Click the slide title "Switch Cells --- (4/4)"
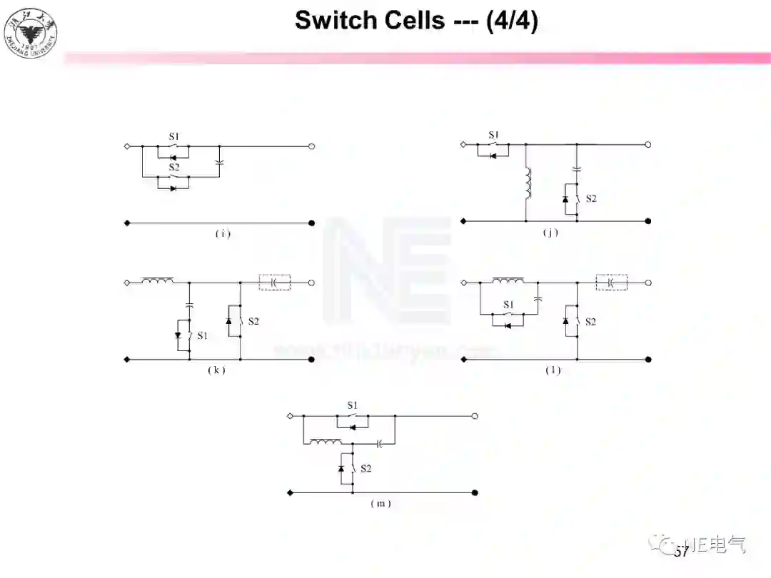[x=416, y=20]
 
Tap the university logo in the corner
[x=31, y=31]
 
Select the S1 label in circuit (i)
[x=173, y=136]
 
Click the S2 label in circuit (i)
[x=173, y=168]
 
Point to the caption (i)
[x=223, y=233]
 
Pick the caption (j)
[x=550, y=232]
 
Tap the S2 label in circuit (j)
[x=591, y=198]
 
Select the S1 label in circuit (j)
[x=493, y=135]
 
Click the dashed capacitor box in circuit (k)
[x=275, y=283]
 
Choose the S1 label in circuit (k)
[x=203, y=335]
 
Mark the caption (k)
[x=216, y=370]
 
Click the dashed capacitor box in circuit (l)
[x=612, y=283]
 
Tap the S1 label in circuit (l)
[x=508, y=305]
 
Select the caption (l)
[x=553, y=370]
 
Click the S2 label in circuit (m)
[x=366, y=469]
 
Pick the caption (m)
[x=381, y=503]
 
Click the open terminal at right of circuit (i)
[x=312, y=146]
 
